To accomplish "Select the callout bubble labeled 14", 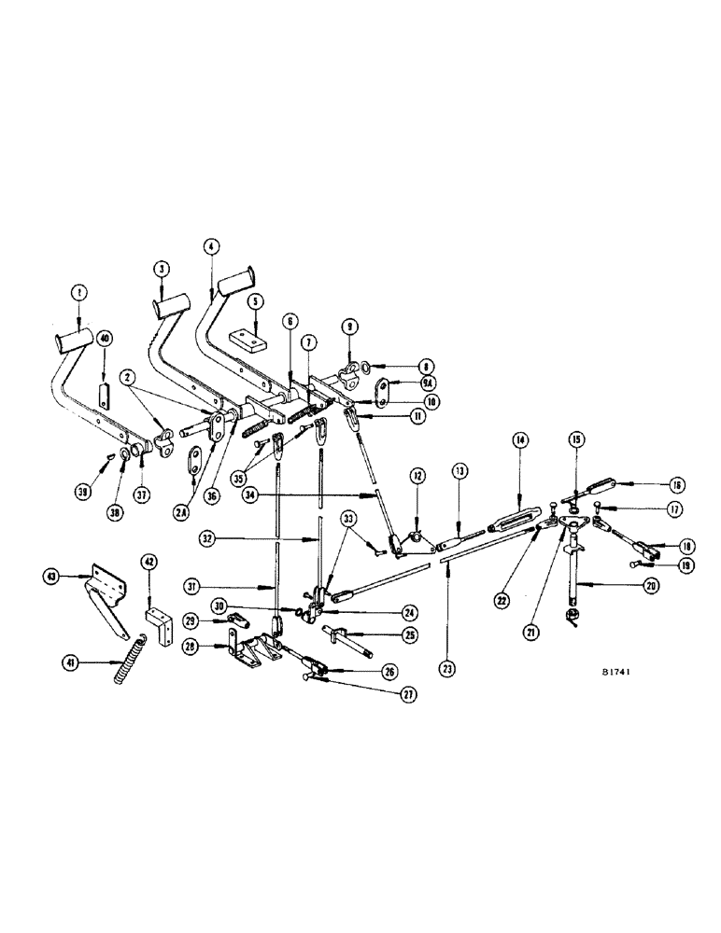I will coord(519,439).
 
